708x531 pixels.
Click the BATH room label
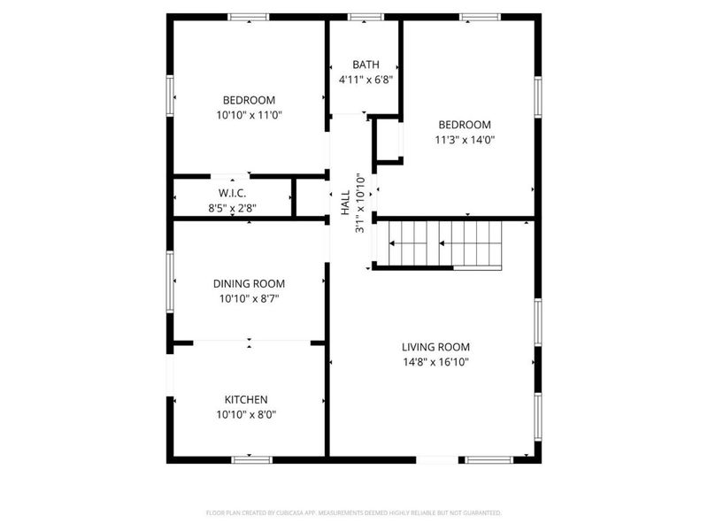tap(366, 65)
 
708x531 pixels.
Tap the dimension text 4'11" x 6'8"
tap(366, 80)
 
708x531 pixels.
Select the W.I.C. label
tap(232, 193)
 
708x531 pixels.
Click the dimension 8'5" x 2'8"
tap(232, 209)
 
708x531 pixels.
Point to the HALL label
tap(345, 203)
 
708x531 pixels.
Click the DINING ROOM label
tap(249, 283)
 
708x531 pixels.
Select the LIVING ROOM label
tap(435, 347)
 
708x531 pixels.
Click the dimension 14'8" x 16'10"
tap(435, 362)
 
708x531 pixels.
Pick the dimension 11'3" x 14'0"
tap(463, 139)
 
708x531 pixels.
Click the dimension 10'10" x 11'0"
tap(249, 115)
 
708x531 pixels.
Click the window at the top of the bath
tap(366, 17)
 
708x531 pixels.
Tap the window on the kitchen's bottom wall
tap(250, 458)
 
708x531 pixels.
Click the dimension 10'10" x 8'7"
tap(249, 299)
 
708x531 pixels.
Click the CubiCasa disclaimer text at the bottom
tap(354, 513)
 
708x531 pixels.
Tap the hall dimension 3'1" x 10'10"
tap(360, 203)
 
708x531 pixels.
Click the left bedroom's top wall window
tap(249, 17)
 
